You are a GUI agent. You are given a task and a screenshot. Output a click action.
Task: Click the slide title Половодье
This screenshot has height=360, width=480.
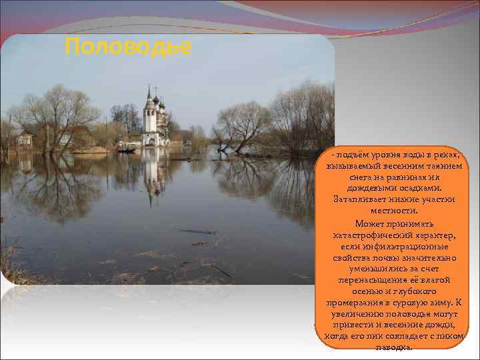pos(129,47)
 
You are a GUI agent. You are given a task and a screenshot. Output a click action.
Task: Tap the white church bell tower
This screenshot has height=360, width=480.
pos(149,113)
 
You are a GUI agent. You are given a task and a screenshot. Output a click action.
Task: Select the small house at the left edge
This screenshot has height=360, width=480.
pos(25,139)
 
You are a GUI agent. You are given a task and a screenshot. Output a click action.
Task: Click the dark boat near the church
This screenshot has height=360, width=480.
pos(127,150)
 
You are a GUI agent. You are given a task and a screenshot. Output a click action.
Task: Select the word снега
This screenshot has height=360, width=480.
pos(361,178)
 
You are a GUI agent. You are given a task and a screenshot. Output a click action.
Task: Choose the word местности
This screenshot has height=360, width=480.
pos(393,211)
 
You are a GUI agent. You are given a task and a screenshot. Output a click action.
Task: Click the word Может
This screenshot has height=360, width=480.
pos(369,223)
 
